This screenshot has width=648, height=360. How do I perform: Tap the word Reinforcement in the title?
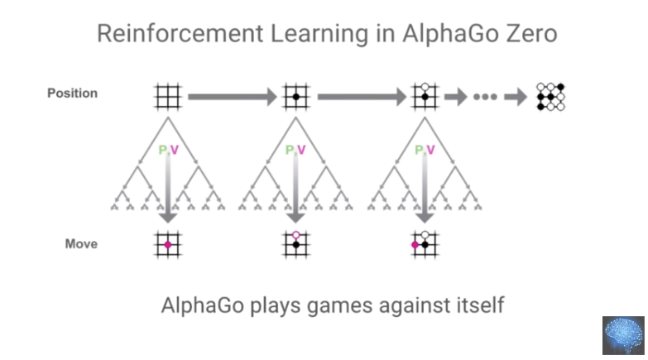[x=180, y=33]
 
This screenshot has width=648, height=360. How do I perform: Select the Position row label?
[x=72, y=93]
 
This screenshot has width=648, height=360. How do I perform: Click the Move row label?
[x=81, y=244]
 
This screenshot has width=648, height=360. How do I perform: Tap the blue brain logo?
[x=623, y=336]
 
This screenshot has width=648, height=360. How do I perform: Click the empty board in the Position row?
[x=168, y=97]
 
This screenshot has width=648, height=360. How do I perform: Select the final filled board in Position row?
[x=550, y=97]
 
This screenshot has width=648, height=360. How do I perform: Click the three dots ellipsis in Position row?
[x=485, y=97]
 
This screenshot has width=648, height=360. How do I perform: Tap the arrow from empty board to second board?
[x=233, y=97]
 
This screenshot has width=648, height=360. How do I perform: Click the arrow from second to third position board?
[x=362, y=97]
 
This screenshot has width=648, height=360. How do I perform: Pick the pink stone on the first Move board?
[x=168, y=245]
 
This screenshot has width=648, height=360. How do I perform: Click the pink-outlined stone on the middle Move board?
[x=296, y=235]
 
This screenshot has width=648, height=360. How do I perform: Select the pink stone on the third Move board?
[x=415, y=245]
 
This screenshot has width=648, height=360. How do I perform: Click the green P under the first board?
[x=163, y=150]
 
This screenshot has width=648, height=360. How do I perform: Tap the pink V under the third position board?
[x=430, y=150]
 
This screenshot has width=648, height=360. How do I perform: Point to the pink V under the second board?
[x=301, y=150]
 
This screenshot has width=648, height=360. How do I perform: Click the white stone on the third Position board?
[x=425, y=87]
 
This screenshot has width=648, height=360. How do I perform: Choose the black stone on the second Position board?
[x=296, y=97]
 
